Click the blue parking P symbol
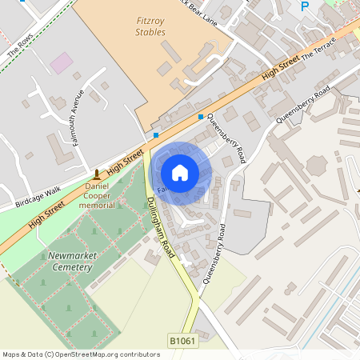coord(304,6)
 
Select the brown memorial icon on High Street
coord(97,174)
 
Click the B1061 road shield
coord(182,342)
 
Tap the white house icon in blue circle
coord(180,172)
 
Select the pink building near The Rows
coord(61,62)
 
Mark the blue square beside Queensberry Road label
coord(200,116)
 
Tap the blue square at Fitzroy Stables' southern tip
coord(156,135)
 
